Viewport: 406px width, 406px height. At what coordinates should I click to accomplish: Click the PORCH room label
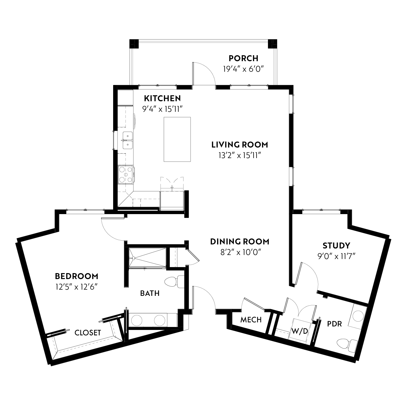(243, 58)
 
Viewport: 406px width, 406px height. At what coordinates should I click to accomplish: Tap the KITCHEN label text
(162, 98)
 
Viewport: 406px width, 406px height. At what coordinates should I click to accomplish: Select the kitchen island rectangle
(177, 139)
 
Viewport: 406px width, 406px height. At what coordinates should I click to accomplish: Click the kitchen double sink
(127, 140)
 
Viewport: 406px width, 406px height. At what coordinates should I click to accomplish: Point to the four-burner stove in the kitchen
(126, 175)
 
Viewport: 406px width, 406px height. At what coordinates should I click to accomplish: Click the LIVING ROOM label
(240, 145)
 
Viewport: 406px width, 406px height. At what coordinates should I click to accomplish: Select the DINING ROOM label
(240, 241)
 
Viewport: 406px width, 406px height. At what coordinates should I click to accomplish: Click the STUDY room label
(336, 245)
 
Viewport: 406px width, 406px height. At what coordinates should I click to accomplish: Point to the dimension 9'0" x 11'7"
(336, 256)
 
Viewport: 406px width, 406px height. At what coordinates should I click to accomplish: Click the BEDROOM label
(77, 276)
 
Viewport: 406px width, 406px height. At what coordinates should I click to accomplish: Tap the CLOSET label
(88, 332)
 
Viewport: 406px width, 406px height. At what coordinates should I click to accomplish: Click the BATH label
(150, 293)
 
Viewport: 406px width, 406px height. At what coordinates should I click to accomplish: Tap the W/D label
(299, 331)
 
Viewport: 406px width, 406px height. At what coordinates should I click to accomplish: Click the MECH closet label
(251, 320)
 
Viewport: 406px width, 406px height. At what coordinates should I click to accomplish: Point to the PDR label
(335, 324)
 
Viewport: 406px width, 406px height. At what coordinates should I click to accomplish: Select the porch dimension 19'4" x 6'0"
(243, 69)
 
